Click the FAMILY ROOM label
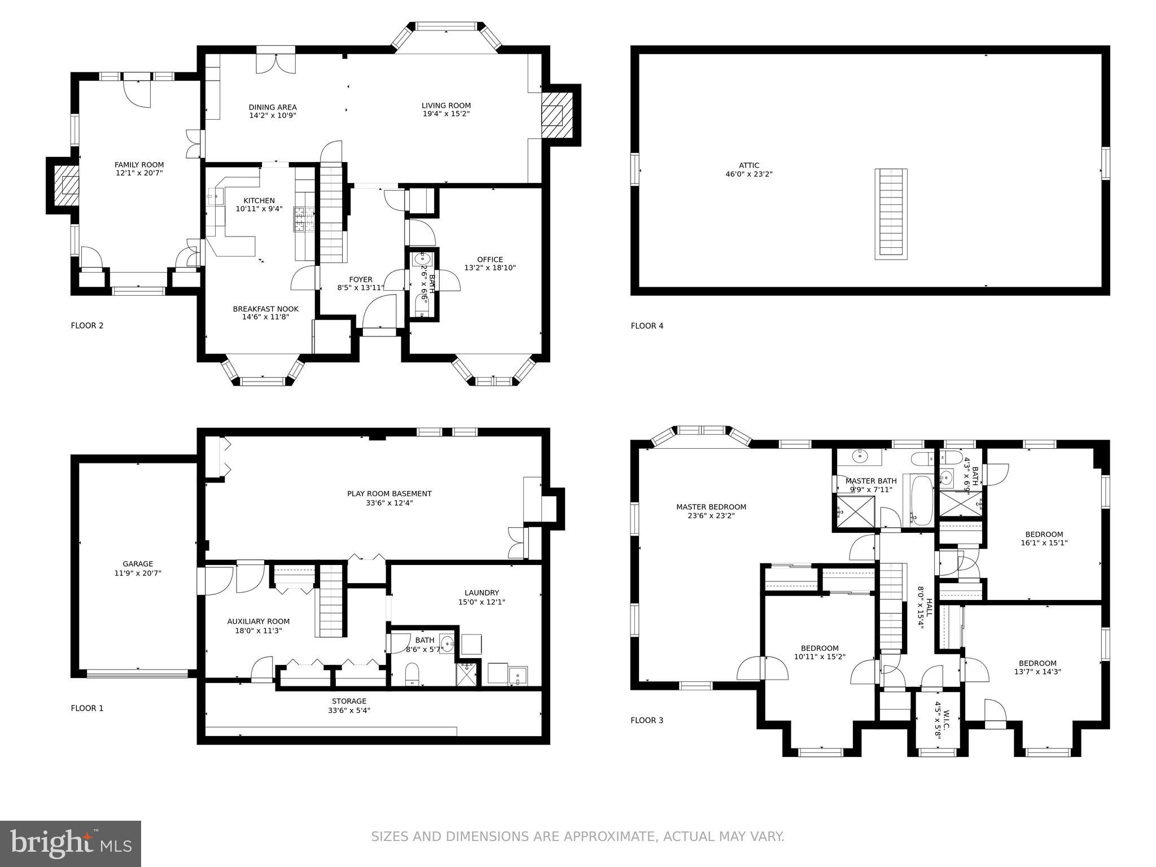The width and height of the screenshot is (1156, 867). (139, 165)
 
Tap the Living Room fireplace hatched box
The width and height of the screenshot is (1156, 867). (552, 116)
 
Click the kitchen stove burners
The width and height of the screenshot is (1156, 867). (299, 220)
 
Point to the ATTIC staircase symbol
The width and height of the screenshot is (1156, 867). (891, 214)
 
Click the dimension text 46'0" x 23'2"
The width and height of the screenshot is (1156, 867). (748, 174)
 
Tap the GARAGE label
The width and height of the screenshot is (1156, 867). (138, 564)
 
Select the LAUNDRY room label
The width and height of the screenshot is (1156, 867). (481, 593)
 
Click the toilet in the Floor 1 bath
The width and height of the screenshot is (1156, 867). (413, 674)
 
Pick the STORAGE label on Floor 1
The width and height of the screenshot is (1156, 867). (349, 701)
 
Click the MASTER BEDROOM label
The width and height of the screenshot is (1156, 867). (711, 507)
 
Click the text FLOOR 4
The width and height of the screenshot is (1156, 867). (647, 326)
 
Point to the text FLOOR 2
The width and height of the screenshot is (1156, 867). (87, 326)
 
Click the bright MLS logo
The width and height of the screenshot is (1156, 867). (70, 843)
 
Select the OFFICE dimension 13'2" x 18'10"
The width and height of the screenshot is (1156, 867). (490, 268)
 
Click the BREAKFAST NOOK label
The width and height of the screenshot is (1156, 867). (265, 309)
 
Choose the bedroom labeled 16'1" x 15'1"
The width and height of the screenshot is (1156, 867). (1044, 543)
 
